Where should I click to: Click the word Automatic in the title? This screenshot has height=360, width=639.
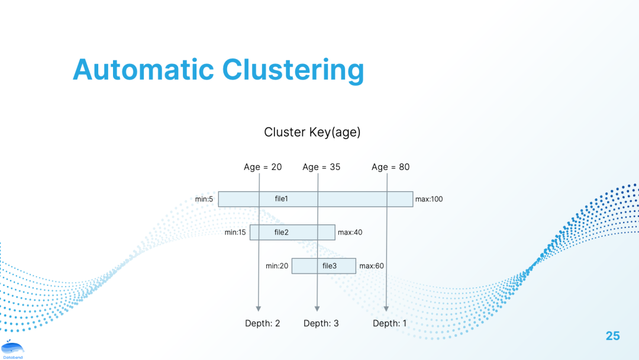click(143, 70)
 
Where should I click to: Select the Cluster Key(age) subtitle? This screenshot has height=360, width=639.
click(312, 132)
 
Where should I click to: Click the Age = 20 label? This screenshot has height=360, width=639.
click(263, 167)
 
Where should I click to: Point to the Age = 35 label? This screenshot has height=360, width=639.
click(321, 167)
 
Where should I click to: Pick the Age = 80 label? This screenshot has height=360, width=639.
click(390, 167)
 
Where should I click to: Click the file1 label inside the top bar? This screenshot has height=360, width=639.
click(282, 198)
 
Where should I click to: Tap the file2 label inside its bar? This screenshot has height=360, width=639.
click(281, 232)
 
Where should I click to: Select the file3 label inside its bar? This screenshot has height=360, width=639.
click(330, 266)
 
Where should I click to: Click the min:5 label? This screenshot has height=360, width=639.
click(204, 199)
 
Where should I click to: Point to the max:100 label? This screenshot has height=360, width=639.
click(429, 199)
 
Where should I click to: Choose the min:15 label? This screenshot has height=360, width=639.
click(235, 233)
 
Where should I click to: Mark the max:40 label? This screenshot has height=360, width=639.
click(350, 233)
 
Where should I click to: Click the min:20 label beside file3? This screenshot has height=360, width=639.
click(277, 266)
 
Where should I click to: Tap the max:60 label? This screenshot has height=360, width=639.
click(372, 266)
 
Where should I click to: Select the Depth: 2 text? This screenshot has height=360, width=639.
click(263, 323)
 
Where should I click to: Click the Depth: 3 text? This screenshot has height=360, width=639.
click(321, 323)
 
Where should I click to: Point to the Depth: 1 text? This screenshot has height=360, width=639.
click(390, 323)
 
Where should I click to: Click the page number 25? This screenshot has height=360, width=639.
click(612, 336)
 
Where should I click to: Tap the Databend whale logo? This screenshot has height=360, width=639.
click(12, 349)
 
